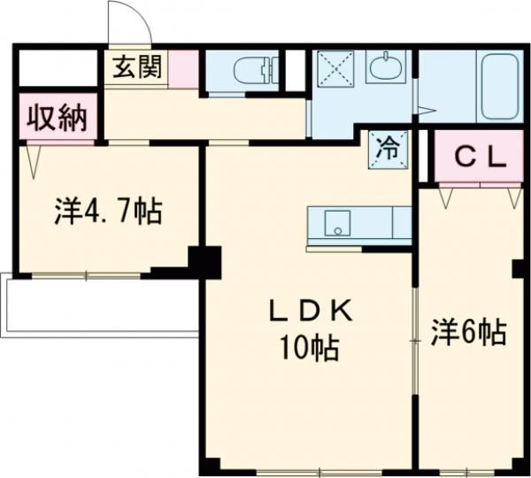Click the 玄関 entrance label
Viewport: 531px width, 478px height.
click(x=136, y=66)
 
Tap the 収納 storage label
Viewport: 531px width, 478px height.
click(x=56, y=117)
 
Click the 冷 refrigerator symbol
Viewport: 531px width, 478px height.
click(x=387, y=146)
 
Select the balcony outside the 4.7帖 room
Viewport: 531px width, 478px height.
click(x=97, y=305)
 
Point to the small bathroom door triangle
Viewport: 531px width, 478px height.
click(x=426, y=112)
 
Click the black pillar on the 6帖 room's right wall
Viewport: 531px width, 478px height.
click(x=519, y=267)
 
